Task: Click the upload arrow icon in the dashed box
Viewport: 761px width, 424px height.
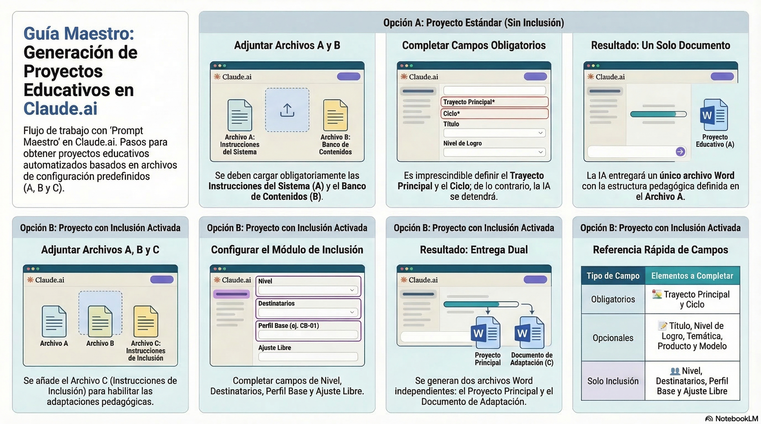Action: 287,110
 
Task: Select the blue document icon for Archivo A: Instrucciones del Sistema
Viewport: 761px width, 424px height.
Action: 240,115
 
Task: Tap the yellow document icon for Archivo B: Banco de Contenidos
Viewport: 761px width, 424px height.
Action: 335,115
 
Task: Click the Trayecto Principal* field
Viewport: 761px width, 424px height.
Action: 494,102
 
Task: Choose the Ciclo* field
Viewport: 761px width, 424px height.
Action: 494,114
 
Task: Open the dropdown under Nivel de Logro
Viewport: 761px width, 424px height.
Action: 494,152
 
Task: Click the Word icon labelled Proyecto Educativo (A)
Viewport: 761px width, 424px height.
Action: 714,115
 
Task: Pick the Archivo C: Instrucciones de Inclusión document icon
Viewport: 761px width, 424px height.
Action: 146,321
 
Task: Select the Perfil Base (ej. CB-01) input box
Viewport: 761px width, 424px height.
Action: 308,334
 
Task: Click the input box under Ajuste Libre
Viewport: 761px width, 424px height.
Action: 308,357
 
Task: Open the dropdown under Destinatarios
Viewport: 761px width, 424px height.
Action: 308,312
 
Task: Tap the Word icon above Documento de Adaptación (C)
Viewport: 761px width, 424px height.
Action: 529,333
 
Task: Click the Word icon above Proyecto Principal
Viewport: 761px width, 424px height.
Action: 486,333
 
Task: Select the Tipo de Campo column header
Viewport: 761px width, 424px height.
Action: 613,276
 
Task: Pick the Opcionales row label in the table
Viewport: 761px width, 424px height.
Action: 613,338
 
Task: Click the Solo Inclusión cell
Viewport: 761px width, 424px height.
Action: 613,381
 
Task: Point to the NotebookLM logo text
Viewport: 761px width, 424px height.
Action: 736,419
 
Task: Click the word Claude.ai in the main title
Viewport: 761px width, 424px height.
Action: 60,109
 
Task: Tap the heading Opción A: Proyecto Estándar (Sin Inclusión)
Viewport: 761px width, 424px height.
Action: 473,23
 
